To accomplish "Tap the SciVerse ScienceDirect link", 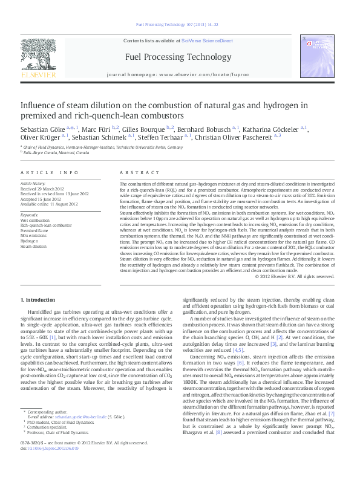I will [x=210, y=41].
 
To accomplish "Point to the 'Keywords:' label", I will [x=31, y=215].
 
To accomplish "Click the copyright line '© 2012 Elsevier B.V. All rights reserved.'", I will [x=295, y=276].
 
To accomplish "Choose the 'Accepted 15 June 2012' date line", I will [x=42, y=198].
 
